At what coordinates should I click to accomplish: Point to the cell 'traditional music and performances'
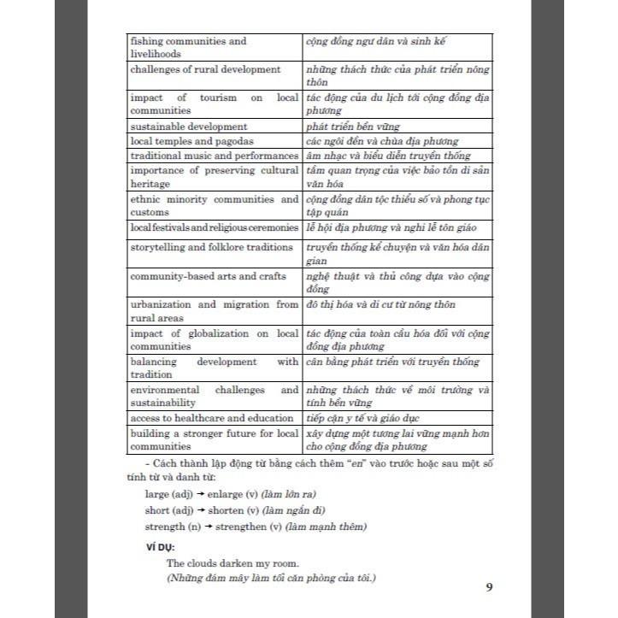(x=214, y=155)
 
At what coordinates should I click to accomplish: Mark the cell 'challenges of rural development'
(x=205, y=69)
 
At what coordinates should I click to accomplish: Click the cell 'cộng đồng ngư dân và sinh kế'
(x=377, y=41)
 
